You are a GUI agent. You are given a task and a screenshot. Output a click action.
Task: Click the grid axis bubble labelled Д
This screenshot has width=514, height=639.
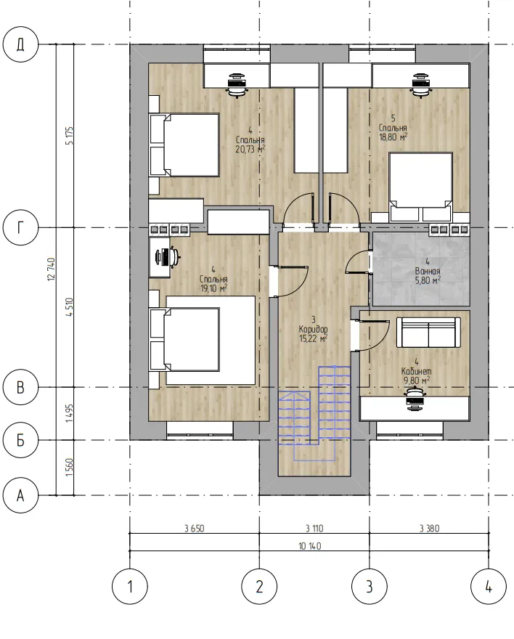(20, 44)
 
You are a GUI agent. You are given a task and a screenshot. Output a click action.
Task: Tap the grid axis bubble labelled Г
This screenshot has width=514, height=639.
(20, 227)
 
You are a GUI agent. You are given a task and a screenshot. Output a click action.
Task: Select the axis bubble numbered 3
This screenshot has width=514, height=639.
(370, 587)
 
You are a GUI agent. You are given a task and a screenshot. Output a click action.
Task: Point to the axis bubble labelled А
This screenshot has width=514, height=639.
(20, 495)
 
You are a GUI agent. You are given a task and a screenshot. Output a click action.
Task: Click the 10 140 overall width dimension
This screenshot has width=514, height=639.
(309, 546)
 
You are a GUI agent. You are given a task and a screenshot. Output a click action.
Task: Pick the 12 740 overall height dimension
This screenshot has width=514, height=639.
(52, 269)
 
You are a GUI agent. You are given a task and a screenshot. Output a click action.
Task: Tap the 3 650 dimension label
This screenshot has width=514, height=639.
(195, 529)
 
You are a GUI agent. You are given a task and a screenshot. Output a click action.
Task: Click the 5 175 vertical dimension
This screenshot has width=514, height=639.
(69, 136)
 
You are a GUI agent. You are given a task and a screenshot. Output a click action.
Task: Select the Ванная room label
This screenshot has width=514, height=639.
(428, 271)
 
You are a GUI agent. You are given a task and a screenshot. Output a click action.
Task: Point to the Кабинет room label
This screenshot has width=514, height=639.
(417, 371)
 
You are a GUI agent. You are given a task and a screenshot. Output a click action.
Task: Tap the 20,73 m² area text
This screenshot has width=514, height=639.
(250, 149)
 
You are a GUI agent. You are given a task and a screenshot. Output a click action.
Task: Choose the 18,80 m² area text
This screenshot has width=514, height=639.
(393, 137)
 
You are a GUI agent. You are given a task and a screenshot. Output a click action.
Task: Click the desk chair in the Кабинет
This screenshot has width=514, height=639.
(416, 397)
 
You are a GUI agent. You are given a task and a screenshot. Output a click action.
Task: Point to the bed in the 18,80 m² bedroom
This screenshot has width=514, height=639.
(421, 182)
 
